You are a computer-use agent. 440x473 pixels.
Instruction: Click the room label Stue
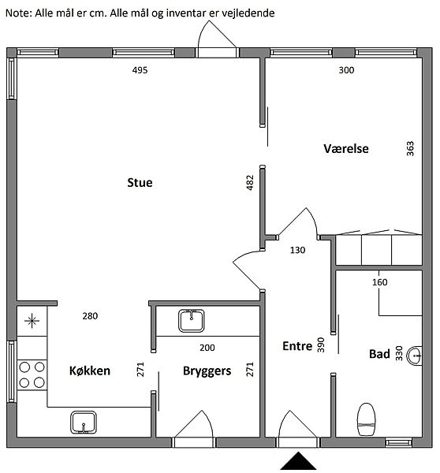coord(140,183)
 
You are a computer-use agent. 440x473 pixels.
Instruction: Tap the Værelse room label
coord(346,149)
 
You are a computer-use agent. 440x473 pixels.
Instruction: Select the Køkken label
coord(90,371)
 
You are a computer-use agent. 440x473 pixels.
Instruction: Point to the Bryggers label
coord(207,371)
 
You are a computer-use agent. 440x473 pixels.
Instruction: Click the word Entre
coord(297,346)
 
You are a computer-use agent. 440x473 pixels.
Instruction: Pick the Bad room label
coord(379,354)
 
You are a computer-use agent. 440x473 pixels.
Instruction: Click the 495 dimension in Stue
coord(140,70)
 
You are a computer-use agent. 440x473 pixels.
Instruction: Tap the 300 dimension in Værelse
coord(346,70)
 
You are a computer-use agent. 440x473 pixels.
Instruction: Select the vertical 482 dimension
coord(250,183)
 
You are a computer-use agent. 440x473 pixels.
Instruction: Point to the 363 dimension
coord(410,149)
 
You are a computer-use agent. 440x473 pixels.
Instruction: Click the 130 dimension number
coord(297,250)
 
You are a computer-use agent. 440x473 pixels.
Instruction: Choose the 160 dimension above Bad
coord(379,282)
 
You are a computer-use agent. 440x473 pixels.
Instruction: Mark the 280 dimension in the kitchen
coord(90,316)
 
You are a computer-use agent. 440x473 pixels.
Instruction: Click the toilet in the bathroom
coord(367,419)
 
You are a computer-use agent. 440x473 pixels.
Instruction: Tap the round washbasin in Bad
coord(414,356)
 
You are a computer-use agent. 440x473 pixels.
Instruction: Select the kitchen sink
coord(84,423)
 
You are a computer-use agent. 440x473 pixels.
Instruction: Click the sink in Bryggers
coord(192,321)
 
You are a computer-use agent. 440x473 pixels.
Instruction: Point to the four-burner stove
coord(32,375)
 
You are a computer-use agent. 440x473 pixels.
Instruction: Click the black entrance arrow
coord(298,460)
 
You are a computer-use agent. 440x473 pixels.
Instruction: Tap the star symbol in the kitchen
coord(32,321)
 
